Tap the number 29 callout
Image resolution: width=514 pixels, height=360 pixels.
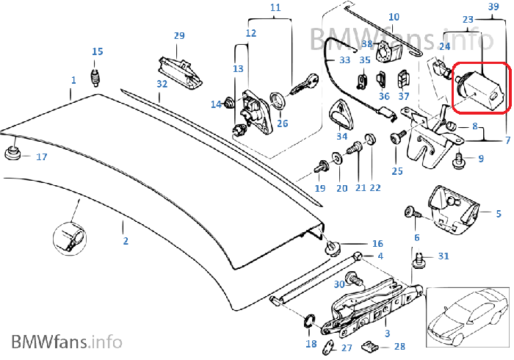pos(179,36)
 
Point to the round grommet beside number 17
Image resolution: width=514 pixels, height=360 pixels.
pos(12,154)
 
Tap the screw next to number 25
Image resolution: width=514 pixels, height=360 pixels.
pos(398,137)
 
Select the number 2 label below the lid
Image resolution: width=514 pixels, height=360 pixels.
pos(125,240)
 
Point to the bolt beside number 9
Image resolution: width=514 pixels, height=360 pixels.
pos(460,156)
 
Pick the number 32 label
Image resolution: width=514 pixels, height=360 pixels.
pos(162,84)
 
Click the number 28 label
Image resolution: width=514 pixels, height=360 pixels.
pos(399,346)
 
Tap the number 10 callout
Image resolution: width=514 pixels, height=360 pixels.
pos(394,17)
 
